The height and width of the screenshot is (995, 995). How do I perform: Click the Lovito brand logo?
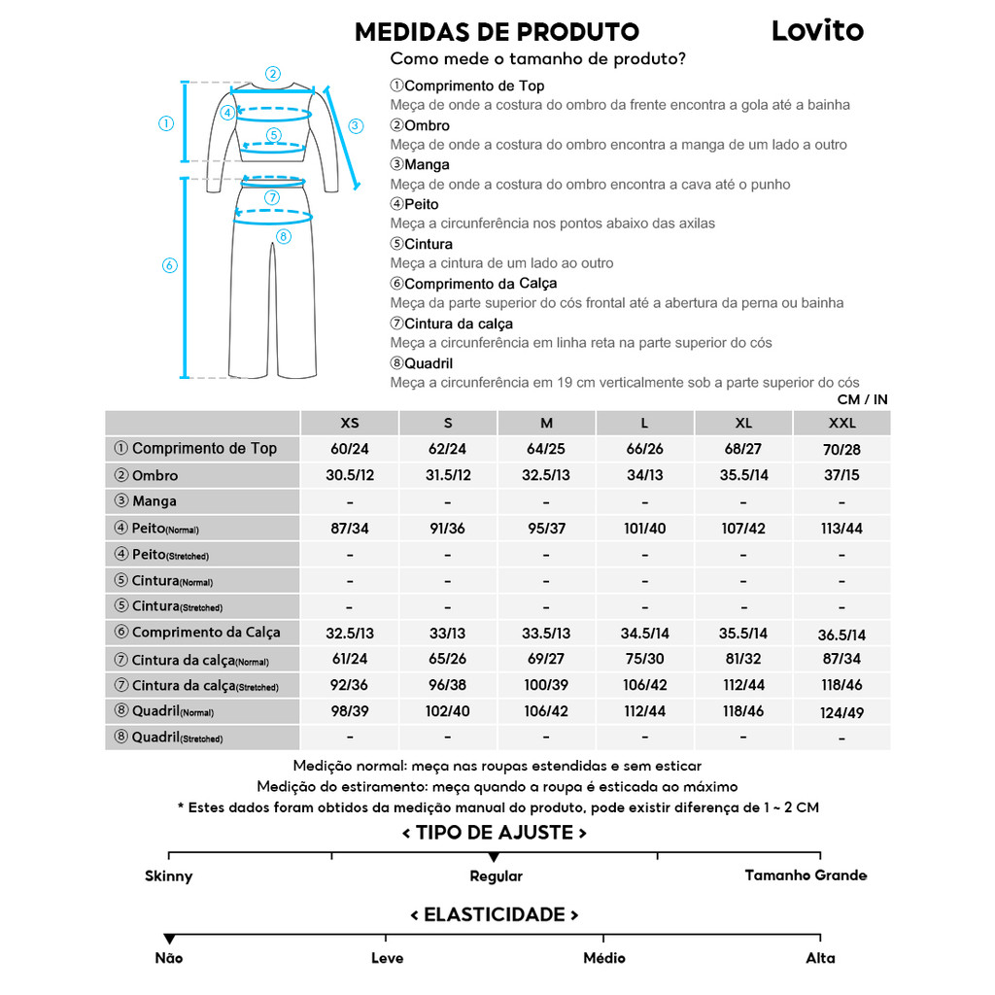(817, 31)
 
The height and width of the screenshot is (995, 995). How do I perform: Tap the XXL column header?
(841, 424)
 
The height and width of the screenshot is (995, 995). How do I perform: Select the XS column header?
(350, 424)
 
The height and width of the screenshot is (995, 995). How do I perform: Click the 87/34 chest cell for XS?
(350, 529)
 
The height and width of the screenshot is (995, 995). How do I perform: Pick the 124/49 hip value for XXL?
(841, 712)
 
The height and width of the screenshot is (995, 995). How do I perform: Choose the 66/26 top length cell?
(645, 449)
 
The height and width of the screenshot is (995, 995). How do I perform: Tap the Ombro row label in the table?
(154, 475)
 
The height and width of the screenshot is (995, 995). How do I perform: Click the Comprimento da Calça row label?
(205, 633)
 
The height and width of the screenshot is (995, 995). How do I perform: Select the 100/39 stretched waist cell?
(546, 686)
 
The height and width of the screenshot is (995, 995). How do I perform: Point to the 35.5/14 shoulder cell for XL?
(743, 475)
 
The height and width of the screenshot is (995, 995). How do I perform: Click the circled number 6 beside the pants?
(169, 265)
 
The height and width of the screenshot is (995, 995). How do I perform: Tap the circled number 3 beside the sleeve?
(356, 125)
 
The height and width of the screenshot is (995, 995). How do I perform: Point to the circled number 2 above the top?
(273, 73)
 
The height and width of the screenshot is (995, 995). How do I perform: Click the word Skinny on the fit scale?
(169, 876)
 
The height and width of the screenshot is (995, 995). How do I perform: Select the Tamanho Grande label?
(806, 875)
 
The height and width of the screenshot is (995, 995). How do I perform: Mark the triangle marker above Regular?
(494, 857)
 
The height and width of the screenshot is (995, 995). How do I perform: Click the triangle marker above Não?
(169, 939)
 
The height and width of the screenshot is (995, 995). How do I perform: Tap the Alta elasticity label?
(820, 958)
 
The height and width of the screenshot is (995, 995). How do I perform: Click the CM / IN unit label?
(862, 399)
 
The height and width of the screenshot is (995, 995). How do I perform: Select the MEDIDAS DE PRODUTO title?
(497, 32)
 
